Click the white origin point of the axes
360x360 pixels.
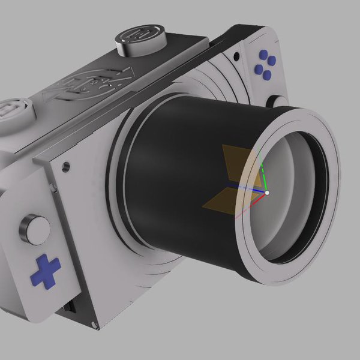pyautogui.click(x=267, y=193)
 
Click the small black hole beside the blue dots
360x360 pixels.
pyautogui.click(x=239, y=58)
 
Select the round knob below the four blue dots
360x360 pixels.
pyautogui.click(x=277, y=103)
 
